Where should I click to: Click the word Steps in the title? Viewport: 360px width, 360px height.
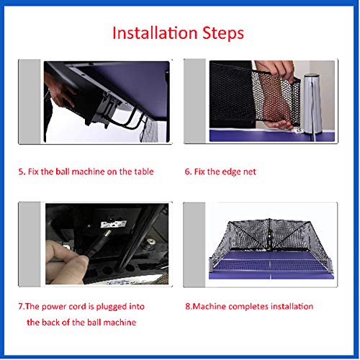pyautogui.click(x=221, y=34)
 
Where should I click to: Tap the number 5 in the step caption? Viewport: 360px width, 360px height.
pyautogui.click(x=21, y=172)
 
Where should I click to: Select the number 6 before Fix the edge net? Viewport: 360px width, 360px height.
pyautogui.click(x=187, y=172)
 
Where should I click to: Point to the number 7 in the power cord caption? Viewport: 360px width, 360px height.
pyautogui.click(x=21, y=307)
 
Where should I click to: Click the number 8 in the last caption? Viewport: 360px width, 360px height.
pyautogui.click(x=187, y=307)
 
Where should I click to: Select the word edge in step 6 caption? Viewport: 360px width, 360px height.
pyautogui.click(x=230, y=172)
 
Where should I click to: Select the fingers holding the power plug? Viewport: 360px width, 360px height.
pyautogui.click(x=61, y=252)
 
